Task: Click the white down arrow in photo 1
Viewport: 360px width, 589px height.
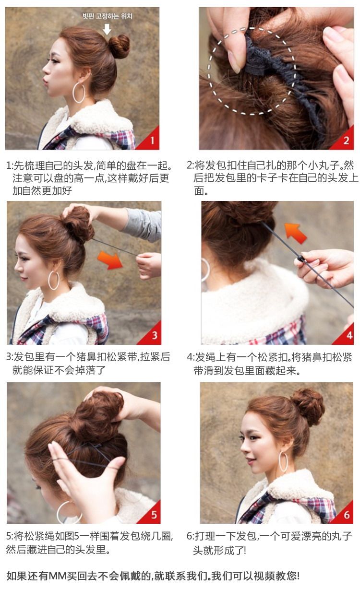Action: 107,29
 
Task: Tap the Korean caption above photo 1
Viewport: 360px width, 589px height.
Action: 107,16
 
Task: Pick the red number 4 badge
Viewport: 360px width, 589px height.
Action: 348,335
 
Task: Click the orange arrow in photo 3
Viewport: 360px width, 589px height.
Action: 110,259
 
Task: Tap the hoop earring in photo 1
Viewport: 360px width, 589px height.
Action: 79,93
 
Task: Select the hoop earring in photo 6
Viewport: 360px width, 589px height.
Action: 283,461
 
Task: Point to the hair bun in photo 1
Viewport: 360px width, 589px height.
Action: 119,46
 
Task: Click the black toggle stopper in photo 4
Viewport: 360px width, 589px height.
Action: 301,259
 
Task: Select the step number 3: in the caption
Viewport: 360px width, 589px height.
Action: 10,357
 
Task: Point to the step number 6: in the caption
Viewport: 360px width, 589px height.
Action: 190,536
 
